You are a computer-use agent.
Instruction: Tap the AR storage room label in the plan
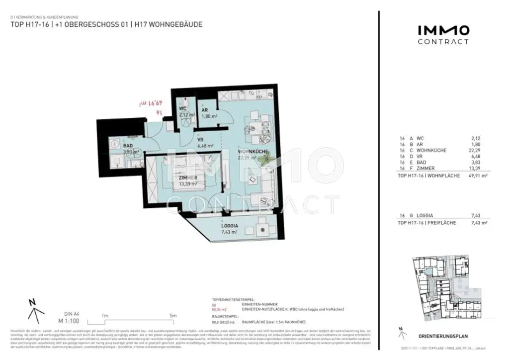tap(204, 110)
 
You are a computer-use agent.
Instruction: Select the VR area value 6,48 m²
tap(205, 146)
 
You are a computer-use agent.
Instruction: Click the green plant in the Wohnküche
tap(269, 159)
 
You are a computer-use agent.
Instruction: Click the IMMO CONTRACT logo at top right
tap(443, 35)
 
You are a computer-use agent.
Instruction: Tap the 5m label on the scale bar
tap(172, 315)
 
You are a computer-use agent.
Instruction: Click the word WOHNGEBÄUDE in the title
tap(177, 24)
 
